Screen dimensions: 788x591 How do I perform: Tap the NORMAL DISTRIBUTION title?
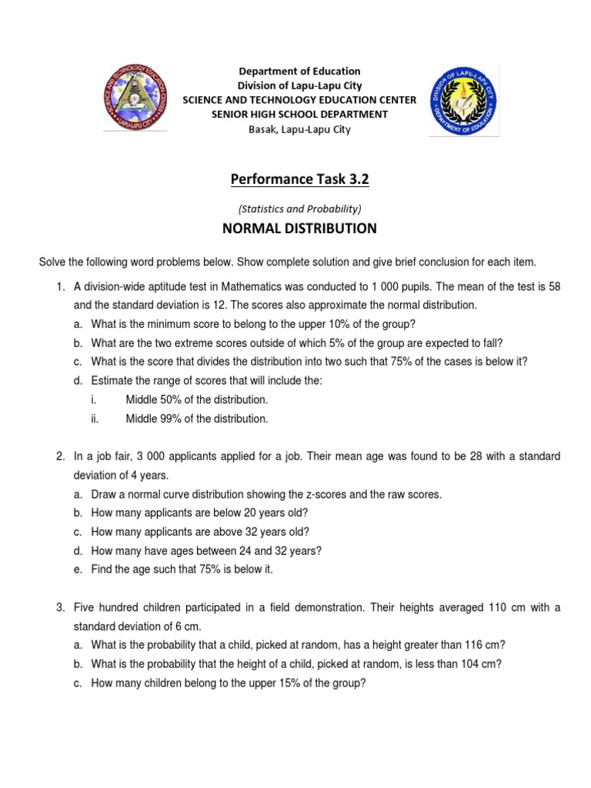pos(299,229)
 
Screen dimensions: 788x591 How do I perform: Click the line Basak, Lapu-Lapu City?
pos(299,129)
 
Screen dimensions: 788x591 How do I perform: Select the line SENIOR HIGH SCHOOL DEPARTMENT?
pos(299,115)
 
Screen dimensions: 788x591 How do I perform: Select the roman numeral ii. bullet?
pos(95,419)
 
